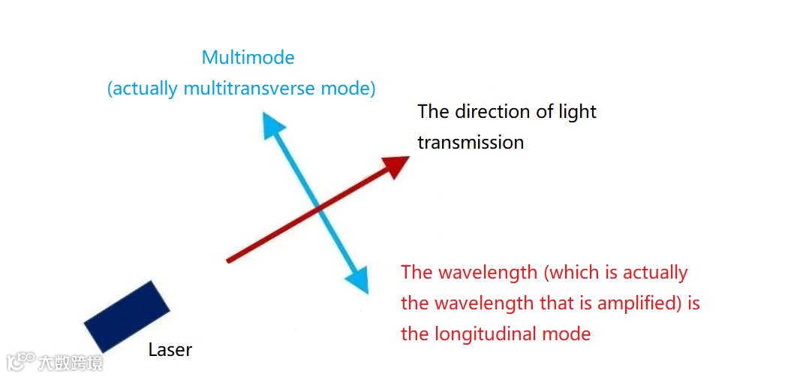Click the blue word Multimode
click(248, 57)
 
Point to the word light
click(577, 112)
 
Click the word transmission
click(471, 142)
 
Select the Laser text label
click(170, 349)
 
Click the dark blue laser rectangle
click(127, 316)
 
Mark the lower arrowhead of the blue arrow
click(359, 281)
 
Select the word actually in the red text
click(654, 272)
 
